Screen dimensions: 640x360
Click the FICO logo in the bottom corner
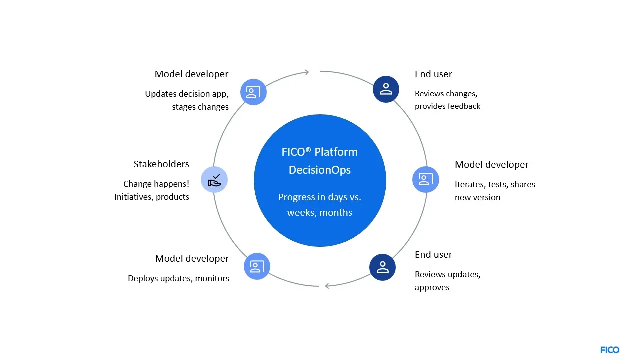[x=609, y=350]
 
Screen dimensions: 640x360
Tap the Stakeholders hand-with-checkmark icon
[x=214, y=179]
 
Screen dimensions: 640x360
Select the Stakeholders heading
[x=161, y=164]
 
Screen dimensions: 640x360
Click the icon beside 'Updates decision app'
[x=253, y=92]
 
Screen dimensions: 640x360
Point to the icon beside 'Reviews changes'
[x=386, y=89]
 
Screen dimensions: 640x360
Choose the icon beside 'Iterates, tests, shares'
[x=425, y=179]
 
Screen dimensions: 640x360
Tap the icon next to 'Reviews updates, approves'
[x=382, y=267]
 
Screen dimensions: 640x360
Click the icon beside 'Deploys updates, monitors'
[x=257, y=266]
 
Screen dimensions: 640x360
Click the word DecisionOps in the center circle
[x=319, y=170]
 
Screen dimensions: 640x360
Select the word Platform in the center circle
[x=336, y=152]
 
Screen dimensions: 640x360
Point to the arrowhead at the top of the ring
[x=306, y=72]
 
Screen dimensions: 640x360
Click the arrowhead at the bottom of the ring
[x=328, y=285]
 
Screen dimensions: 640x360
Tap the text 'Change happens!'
[x=156, y=184]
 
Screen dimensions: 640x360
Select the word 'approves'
[x=432, y=287]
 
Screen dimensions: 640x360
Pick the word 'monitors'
[x=212, y=278]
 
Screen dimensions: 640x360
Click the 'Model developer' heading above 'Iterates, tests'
[x=491, y=165]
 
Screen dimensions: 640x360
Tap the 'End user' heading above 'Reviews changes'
[x=433, y=74]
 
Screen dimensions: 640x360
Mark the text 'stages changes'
[x=200, y=107]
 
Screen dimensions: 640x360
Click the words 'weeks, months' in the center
[x=319, y=213]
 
